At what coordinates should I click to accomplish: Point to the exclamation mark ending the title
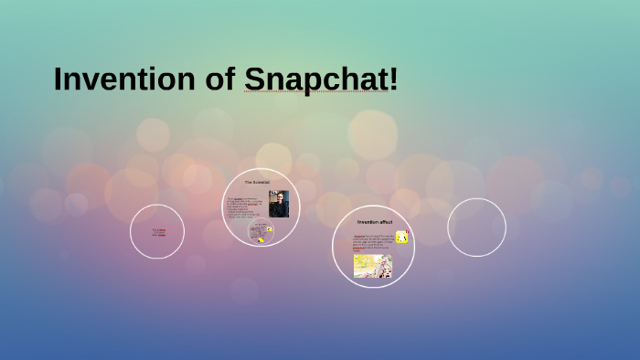pyautogui.click(x=394, y=79)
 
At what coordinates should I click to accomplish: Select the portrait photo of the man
pyautogui.click(x=279, y=204)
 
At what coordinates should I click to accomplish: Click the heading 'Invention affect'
pyautogui.click(x=373, y=222)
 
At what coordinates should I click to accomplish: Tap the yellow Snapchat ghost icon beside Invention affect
pyautogui.click(x=401, y=237)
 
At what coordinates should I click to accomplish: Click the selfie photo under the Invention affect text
pyautogui.click(x=373, y=266)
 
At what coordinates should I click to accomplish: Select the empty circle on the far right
pyautogui.click(x=476, y=228)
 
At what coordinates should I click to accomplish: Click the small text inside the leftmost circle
pyautogui.click(x=159, y=232)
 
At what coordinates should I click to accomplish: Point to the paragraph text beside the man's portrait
pyautogui.click(x=246, y=206)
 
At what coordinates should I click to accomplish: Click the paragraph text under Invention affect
pyautogui.click(x=373, y=243)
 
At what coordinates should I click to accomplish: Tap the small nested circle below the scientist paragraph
pyautogui.click(x=261, y=232)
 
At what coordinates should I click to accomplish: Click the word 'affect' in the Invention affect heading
pyautogui.click(x=384, y=222)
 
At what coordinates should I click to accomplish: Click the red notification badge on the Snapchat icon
pyautogui.click(x=405, y=232)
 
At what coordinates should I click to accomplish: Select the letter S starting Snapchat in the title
pyautogui.click(x=254, y=79)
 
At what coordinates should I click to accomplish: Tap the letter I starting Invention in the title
pyautogui.click(x=58, y=79)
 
